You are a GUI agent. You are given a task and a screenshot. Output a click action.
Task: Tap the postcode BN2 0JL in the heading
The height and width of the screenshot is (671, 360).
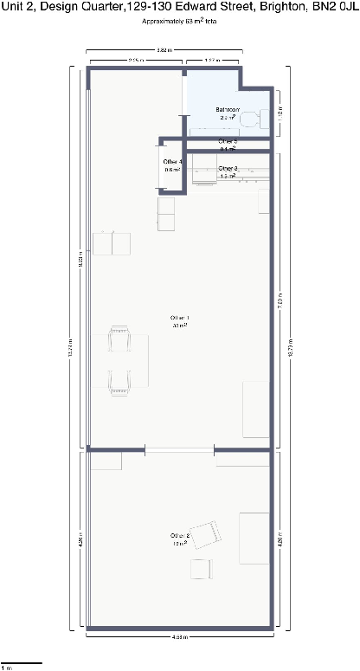(335, 7)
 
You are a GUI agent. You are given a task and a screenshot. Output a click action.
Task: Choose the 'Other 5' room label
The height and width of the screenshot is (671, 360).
(228, 144)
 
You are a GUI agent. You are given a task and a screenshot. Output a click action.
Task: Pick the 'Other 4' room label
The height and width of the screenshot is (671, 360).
(172, 165)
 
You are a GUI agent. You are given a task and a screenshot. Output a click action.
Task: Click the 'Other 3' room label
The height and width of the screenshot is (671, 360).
(228, 171)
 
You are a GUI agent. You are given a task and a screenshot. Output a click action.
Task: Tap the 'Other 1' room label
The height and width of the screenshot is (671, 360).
(180, 322)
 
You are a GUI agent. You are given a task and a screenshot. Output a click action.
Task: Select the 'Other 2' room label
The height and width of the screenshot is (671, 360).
(180, 539)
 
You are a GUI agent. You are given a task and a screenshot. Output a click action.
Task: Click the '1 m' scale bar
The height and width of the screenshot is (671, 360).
(21, 664)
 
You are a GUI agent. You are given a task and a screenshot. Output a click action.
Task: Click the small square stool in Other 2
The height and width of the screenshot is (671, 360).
(201, 569)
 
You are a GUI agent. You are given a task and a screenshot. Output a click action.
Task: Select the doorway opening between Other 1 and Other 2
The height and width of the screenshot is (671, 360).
(179, 449)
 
